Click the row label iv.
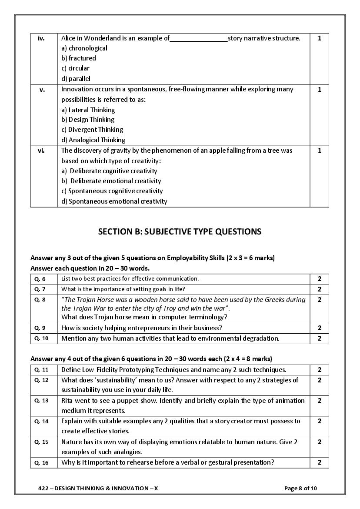(x=41, y=38)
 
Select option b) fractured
(x=79, y=58)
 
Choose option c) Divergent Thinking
(x=92, y=130)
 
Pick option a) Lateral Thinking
(x=88, y=110)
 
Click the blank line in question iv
(x=198, y=39)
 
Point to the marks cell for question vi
(x=320, y=151)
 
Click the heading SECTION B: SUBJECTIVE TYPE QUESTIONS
(x=180, y=231)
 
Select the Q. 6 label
(x=40, y=279)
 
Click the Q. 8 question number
(x=40, y=300)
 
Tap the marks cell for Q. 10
(x=320, y=338)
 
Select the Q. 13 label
(x=41, y=401)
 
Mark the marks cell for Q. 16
(x=320, y=462)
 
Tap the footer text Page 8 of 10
(x=300, y=488)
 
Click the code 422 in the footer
(x=43, y=488)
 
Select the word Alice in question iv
(x=69, y=38)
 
